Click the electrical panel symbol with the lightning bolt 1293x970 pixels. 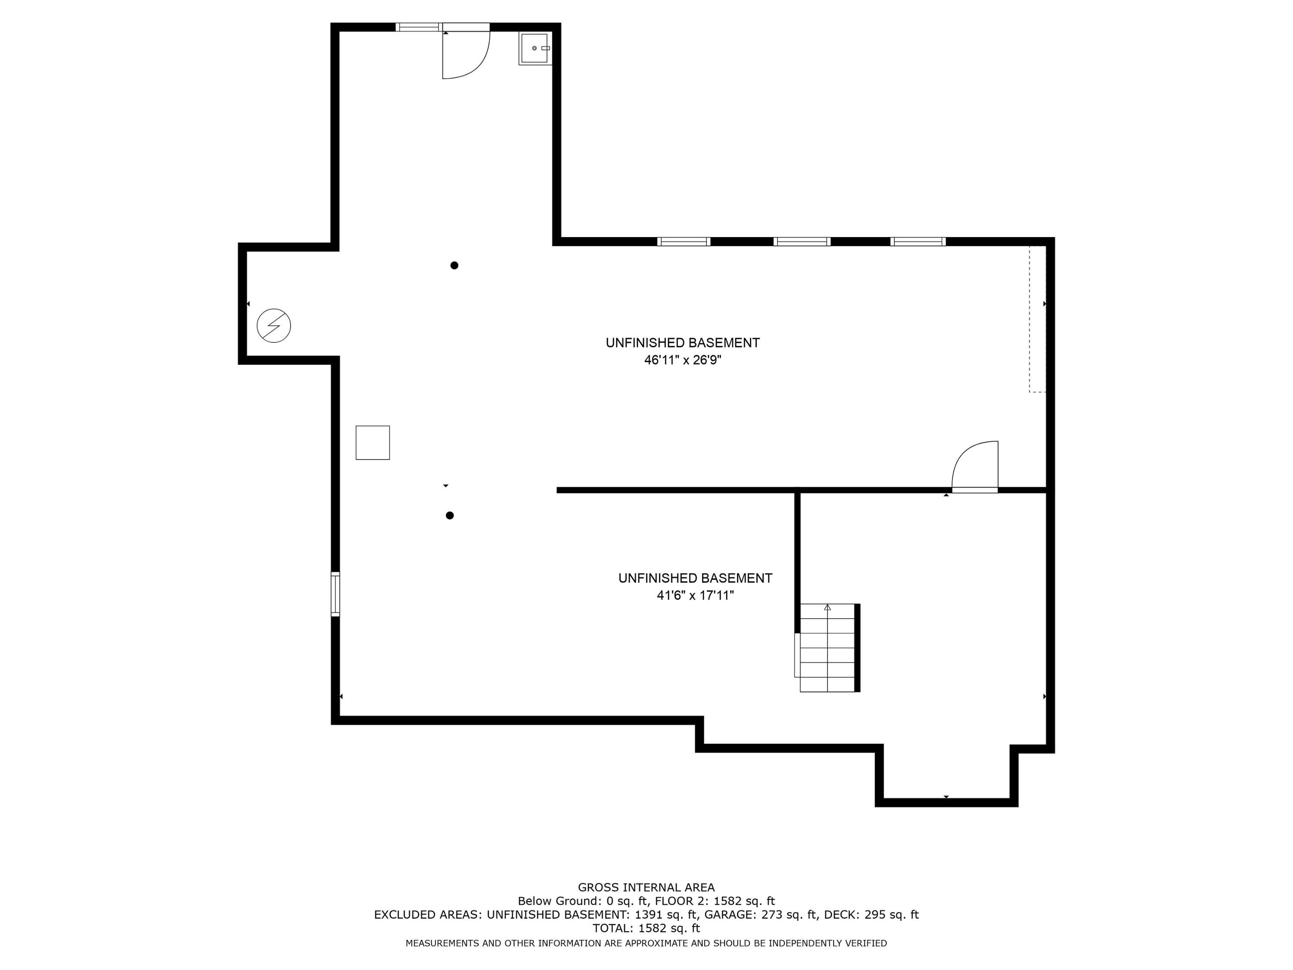[x=274, y=325]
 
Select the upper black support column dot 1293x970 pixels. [x=454, y=266]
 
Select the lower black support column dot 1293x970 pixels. [x=450, y=516]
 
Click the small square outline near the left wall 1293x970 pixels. [x=372, y=443]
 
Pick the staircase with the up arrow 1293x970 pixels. [x=827, y=648]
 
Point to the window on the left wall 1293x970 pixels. [x=335, y=594]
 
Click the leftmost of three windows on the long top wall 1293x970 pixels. [x=683, y=241]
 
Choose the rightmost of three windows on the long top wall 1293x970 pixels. [x=918, y=241]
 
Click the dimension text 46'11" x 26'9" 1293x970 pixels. [x=683, y=360]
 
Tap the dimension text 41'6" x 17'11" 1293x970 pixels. [x=695, y=596]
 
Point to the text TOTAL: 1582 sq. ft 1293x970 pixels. [x=646, y=928]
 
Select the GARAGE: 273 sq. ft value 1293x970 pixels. [x=759, y=914]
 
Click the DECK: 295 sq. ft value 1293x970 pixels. [x=871, y=914]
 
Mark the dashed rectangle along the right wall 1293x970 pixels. [x=1037, y=319]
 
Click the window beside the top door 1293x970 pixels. [x=419, y=27]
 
